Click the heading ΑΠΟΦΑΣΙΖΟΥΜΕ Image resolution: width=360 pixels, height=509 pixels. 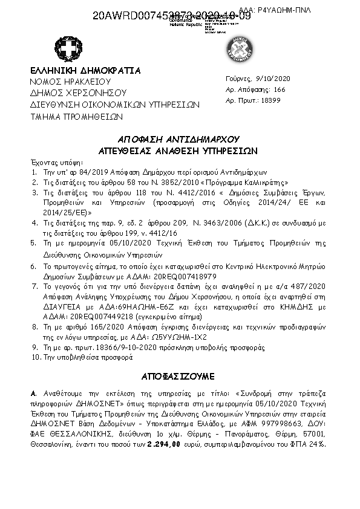point(177,376)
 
